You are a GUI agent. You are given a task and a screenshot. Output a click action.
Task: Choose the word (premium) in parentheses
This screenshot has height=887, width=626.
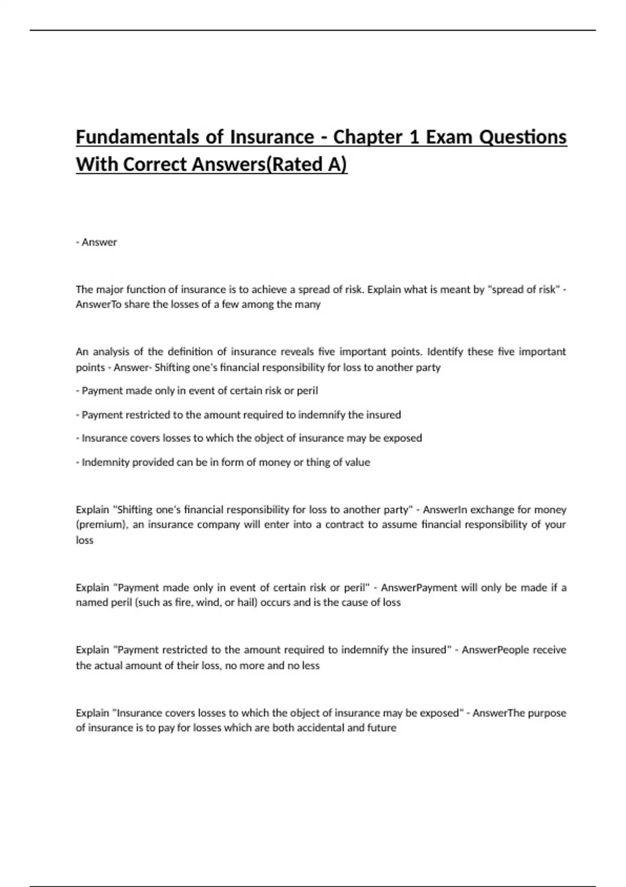[101, 525]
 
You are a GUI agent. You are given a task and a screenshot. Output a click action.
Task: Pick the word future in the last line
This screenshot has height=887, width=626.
[382, 728]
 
